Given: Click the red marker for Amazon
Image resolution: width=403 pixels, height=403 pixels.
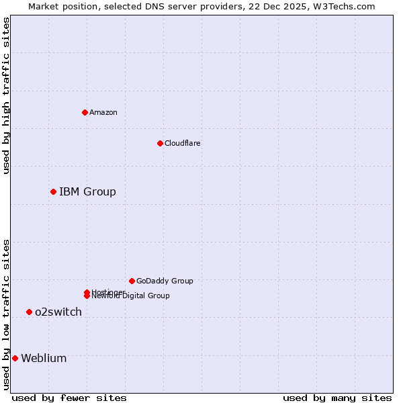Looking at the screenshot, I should tap(85, 112).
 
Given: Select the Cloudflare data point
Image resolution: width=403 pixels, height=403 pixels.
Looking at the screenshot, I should tap(160, 143).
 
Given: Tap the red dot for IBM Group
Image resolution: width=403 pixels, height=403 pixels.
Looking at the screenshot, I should tap(53, 192).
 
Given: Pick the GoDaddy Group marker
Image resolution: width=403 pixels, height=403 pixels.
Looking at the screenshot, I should tap(132, 281).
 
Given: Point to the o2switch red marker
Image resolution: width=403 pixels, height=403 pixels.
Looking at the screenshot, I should tap(29, 312).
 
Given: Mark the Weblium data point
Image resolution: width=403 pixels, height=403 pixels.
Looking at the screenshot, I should tap(15, 358).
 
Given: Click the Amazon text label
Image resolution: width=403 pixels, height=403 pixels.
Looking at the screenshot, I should tap(103, 112).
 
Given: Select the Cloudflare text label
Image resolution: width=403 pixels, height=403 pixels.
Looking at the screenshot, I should tap(182, 143).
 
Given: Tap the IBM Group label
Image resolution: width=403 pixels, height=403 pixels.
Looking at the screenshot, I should tap(87, 192).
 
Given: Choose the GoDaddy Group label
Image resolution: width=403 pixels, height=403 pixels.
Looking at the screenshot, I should tap(165, 281).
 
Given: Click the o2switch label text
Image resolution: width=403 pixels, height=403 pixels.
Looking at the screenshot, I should tap(58, 312).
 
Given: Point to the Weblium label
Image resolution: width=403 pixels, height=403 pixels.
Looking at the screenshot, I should tap(44, 358).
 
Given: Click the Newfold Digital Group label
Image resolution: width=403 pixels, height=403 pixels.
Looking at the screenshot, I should tap(131, 296).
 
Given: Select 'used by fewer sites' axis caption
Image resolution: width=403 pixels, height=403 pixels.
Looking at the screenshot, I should tap(69, 398).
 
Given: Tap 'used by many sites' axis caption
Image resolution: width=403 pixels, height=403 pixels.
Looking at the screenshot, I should tap(337, 398).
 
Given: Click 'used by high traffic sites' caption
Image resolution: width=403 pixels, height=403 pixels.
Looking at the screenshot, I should tap(6, 95).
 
